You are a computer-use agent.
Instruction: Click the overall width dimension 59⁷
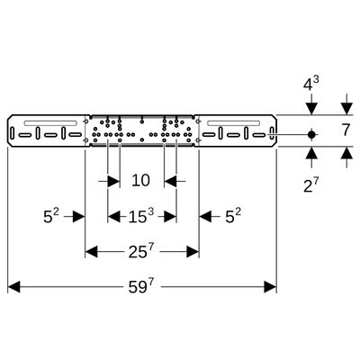(x=141, y=287)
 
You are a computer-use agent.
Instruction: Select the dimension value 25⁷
(x=141, y=251)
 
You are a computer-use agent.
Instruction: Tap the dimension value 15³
(x=141, y=216)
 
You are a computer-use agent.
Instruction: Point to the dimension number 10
(x=140, y=181)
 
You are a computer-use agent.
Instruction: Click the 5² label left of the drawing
(x=52, y=216)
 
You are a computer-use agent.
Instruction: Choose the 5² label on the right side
(x=233, y=216)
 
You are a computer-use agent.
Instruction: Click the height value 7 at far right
(x=346, y=130)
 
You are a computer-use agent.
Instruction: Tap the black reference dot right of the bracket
(x=311, y=135)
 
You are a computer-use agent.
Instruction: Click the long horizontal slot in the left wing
(x=50, y=123)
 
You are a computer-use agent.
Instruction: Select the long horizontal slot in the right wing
(x=233, y=123)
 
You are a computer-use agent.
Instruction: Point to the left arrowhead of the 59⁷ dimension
(x=13, y=287)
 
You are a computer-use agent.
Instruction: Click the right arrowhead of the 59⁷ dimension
(x=270, y=287)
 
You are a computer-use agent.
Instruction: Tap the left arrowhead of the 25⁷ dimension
(x=92, y=251)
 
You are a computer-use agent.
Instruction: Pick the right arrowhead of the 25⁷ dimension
(x=193, y=251)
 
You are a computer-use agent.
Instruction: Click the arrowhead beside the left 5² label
(x=79, y=216)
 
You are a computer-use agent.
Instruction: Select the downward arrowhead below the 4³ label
(x=311, y=109)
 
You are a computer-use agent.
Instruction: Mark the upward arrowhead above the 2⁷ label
(x=311, y=153)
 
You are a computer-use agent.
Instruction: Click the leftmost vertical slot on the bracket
(x=12, y=133)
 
